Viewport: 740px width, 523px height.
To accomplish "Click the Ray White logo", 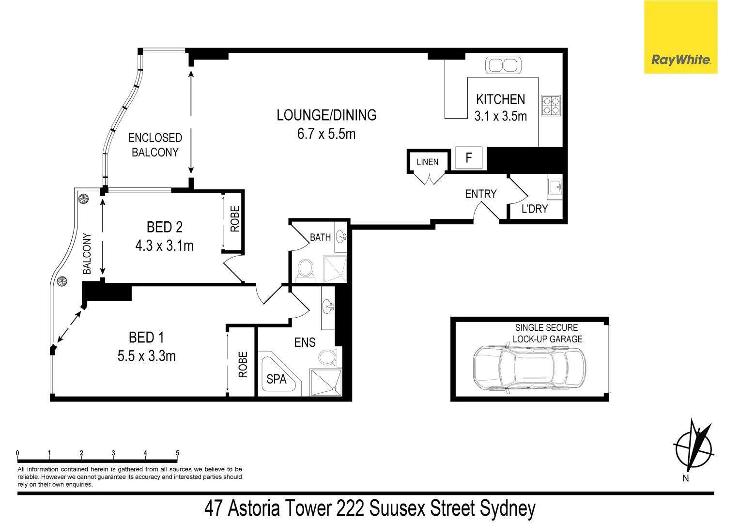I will [x=680, y=60].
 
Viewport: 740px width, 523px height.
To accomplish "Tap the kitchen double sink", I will [x=503, y=65].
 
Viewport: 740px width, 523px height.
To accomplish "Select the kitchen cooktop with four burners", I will [x=551, y=106].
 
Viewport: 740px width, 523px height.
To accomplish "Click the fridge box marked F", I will [x=469, y=158].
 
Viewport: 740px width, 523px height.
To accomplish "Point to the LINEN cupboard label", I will [x=427, y=162].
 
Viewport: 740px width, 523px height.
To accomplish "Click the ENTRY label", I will [x=480, y=194].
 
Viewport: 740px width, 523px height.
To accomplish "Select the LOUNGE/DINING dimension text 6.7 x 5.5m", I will [x=326, y=134].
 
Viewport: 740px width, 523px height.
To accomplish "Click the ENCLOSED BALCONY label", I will [x=155, y=145].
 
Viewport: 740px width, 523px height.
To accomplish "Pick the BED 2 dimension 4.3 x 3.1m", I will [x=164, y=246].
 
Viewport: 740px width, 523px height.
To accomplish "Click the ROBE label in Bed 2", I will [x=235, y=219].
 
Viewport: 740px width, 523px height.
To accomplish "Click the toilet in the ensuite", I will [x=328, y=357].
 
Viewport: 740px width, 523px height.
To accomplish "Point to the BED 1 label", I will [x=146, y=337].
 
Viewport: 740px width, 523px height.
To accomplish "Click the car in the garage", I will [x=529, y=368].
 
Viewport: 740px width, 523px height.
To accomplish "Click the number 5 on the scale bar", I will [x=177, y=453].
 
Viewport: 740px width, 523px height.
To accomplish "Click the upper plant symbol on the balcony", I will [x=83, y=199].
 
